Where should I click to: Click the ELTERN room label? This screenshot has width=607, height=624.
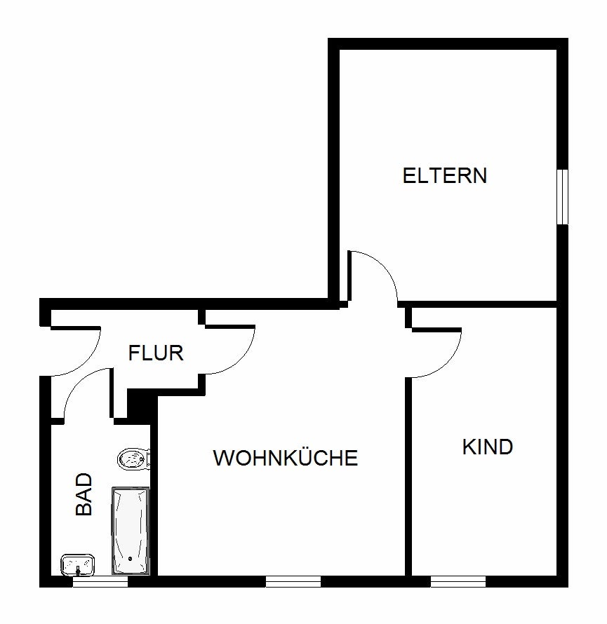tap(444, 175)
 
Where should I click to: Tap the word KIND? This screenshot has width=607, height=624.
tap(488, 447)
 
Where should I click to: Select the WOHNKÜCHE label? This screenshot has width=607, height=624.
tap(286, 459)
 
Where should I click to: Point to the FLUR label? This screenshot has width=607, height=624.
tap(156, 353)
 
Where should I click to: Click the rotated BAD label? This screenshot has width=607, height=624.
tap(84, 495)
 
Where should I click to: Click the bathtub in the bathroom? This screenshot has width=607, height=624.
tap(130, 529)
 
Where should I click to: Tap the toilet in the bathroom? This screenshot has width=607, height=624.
tap(133, 459)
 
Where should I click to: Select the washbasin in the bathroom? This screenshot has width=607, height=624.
tap(77, 564)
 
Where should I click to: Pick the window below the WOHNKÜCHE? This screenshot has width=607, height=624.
tap(293, 581)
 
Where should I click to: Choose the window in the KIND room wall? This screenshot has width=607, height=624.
tap(458, 581)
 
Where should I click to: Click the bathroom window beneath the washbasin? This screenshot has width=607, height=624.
tap(100, 581)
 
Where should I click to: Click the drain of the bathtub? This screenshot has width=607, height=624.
tap(130, 559)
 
